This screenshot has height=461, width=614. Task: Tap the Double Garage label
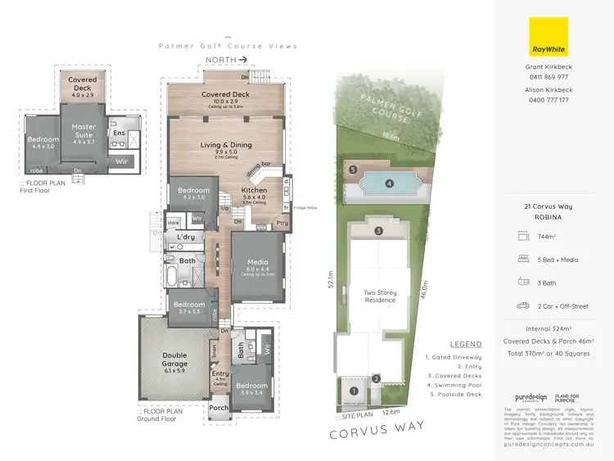(174, 359)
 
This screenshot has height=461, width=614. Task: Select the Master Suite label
(84, 131)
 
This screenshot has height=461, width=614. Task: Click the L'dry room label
(185, 237)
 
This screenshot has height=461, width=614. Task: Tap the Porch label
(219, 408)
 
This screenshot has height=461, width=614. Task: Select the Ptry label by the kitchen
(282, 222)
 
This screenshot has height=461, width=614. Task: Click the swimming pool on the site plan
(389, 183)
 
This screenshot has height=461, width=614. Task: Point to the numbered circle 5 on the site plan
(353, 169)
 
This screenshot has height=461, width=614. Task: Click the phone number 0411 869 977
(549, 77)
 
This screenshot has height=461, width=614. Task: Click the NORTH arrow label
(225, 60)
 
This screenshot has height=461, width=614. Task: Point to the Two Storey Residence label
(379, 296)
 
